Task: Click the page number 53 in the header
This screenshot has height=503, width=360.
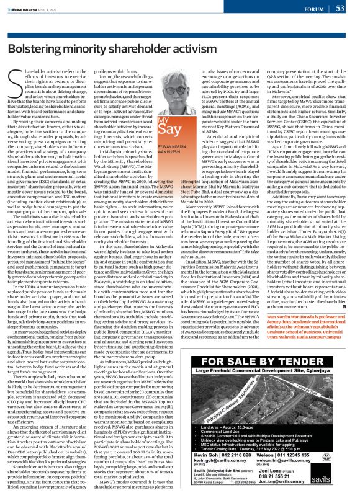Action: (349, 8)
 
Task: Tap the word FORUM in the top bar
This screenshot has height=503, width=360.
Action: (322, 9)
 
